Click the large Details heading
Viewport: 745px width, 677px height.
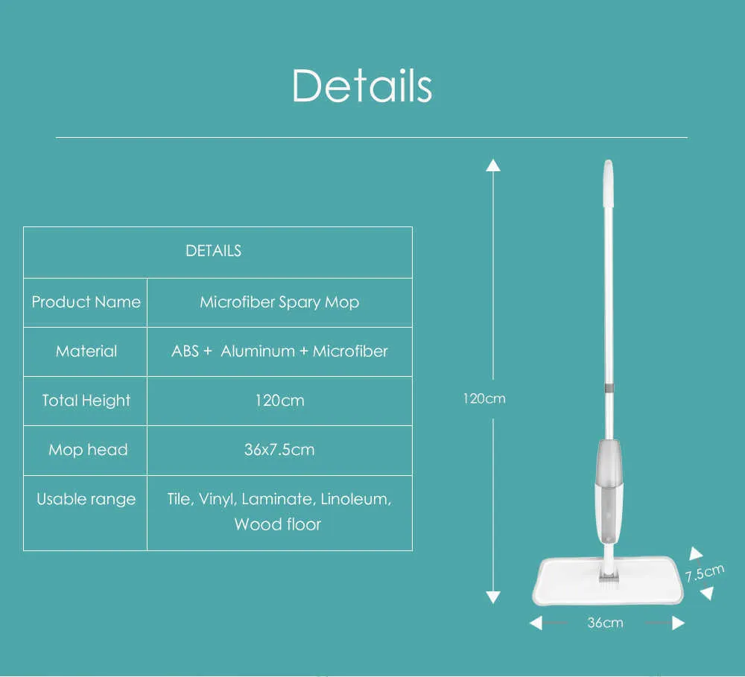tap(362, 86)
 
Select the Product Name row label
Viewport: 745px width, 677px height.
tap(86, 302)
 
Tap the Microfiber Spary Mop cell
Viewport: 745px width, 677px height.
tap(279, 302)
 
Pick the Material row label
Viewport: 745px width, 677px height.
tap(86, 351)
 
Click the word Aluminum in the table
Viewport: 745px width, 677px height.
tap(258, 351)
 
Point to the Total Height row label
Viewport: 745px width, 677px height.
tap(86, 401)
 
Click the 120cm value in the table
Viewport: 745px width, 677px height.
tap(279, 401)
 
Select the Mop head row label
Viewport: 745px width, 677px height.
tap(88, 449)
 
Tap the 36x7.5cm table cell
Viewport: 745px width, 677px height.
tap(279, 449)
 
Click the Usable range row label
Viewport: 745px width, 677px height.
tap(86, 499)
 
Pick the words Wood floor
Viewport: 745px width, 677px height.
tap(277, 524)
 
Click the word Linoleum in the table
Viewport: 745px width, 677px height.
tap(355, 499)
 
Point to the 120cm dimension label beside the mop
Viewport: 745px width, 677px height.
tap(484, 398)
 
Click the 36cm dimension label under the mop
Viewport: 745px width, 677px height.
tap(605, 623)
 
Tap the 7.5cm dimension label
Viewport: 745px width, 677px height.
tap(705, 573)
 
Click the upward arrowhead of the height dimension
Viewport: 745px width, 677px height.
tap(493, 165)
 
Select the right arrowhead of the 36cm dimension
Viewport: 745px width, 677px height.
tap(679, 623)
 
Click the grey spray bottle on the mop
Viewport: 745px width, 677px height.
tap(609, 492)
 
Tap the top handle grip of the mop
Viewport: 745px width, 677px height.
tap(608, 184)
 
